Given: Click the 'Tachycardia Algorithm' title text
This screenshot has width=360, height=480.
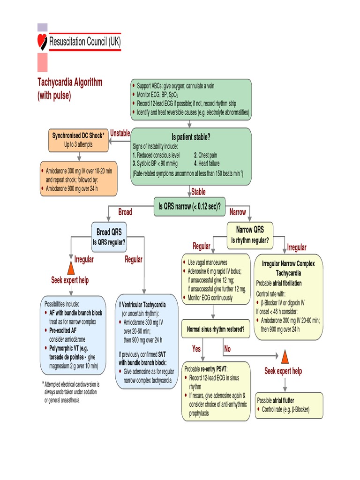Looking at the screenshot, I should coord(70,82).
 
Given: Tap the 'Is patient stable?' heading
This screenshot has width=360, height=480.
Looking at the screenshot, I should coord(191,137).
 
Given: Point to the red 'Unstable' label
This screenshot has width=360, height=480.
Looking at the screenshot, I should coord(120,134).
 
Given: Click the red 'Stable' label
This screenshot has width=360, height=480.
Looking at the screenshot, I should coord(198,191).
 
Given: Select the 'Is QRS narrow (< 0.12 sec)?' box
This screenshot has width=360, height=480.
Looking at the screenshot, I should coord(190,205).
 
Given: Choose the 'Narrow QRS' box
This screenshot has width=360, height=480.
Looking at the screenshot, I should coord(250,234).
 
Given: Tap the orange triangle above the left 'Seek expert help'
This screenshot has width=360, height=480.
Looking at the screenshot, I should coord(71,268).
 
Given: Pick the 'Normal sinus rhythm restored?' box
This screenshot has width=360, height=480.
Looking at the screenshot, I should coord(216,329).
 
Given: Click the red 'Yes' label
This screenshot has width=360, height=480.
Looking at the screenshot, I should coord(196,349).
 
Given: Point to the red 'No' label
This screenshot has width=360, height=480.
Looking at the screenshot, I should coord(227,349).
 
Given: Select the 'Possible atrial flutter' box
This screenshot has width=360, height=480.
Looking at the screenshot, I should coord(289,405).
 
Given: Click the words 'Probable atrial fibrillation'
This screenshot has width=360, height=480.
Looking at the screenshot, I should coord(279,283).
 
